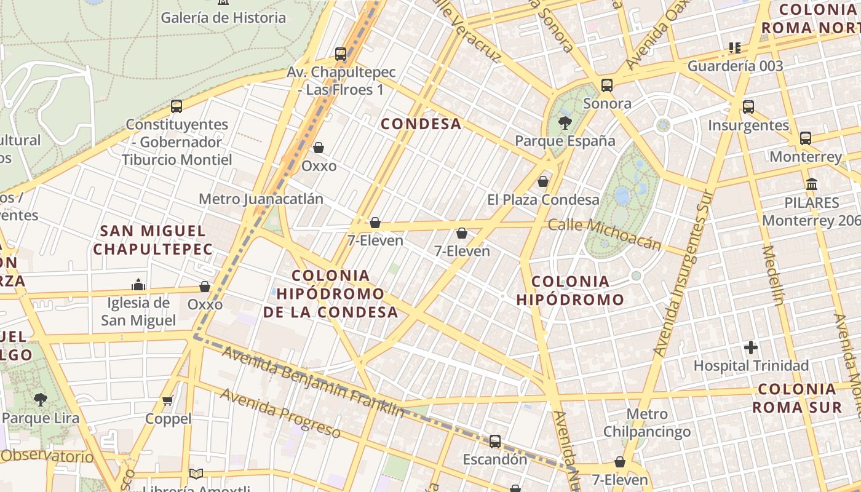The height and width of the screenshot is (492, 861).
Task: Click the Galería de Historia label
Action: (223, 18)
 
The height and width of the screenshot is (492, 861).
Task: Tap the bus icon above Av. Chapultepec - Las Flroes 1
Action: (341, 54)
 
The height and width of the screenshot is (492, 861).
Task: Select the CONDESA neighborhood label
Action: (421, 124)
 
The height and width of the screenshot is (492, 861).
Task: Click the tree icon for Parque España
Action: (565, 122)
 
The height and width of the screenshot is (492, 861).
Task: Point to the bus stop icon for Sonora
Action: (607, 85)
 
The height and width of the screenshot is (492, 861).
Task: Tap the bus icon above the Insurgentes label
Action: (748, 107)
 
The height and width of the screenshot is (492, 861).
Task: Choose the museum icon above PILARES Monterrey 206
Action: (812, 184)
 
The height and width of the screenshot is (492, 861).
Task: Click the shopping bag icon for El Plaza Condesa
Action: (543, 181)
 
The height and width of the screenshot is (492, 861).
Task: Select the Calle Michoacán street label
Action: (605, 234)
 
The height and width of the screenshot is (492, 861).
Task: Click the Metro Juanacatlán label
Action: (261, 199)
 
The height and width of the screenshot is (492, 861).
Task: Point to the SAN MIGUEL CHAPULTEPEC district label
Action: (153, 240)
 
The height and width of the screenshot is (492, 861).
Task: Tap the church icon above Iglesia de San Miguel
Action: (138, 285)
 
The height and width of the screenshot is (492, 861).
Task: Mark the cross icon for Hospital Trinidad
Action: (751, 347)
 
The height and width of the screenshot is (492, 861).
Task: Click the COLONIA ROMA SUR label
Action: (797, 398)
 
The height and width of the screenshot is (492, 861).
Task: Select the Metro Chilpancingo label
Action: (647, 423)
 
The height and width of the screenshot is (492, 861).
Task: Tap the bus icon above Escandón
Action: (495, 442)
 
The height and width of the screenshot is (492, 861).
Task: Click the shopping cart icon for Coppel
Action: (168, 401)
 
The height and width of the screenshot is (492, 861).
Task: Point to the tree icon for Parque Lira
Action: (41, 400)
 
